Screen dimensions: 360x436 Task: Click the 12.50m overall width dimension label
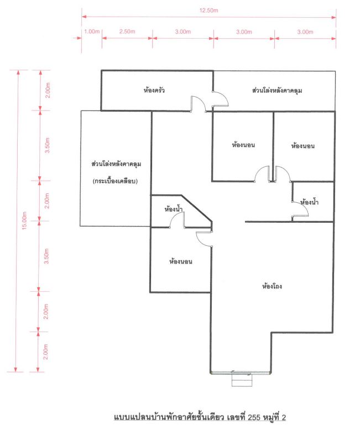click(x=208, y=10)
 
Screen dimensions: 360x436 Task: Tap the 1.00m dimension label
click(x=92, y=31)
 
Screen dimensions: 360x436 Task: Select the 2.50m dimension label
click(x=127, y=31)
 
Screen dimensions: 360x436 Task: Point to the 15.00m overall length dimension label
click(x=24, y=220)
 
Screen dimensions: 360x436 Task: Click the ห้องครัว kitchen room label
click(x=154, y=90)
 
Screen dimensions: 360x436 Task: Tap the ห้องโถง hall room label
click(x=272, y=286)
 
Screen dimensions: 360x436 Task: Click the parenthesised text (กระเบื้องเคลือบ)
click(x=115, y=181)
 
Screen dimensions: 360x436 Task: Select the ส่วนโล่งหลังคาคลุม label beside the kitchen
click(x=277, y=91)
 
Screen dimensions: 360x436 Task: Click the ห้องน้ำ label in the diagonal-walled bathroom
click(x=174, y=209)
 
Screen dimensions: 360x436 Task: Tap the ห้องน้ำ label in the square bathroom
click(x=309, y=202)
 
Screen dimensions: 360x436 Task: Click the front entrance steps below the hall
click(x=242, y=380)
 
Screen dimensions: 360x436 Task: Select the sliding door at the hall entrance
click(x=241, y=372)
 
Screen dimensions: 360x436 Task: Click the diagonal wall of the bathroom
click(x=196, y=208)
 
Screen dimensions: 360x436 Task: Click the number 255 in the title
click(x=254, y=417)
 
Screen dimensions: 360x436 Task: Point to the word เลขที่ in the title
click(x=237, y=417)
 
